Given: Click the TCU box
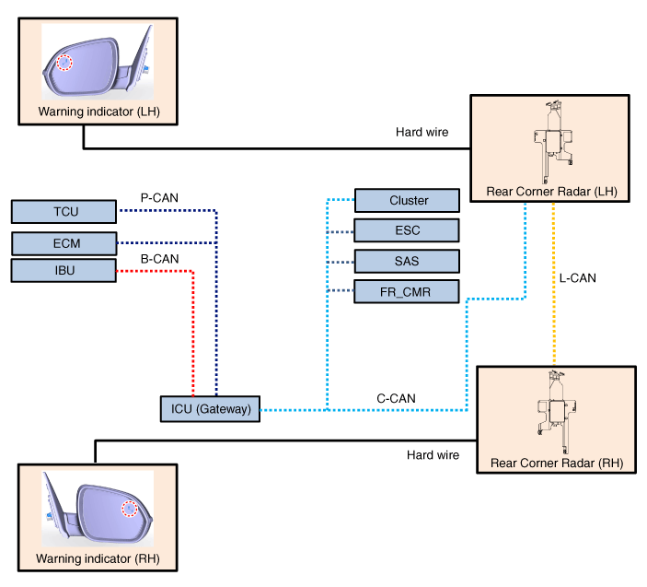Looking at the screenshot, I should pyautogui.click(x=65, y=213).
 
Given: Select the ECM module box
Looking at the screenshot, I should pyautogui.click(x=65, y=243).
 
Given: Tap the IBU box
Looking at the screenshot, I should pyautogui.click(x=65, y=271).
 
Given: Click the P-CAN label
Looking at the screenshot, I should pyautogui.click(x=158, y=197).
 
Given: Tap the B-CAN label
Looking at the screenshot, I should pyautogui.click(x=158, y=259).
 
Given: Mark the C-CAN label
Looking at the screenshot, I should pyautogui.click(x=396, y=399).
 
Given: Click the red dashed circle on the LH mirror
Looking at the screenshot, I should pyautogui.click(x=64, y=63).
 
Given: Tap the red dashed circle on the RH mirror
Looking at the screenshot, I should pyautogui.click(x=130, y=508).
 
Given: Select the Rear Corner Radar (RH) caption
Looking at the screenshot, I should pyautogui.click(x=555, y=464).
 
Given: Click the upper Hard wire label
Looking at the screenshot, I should pyautogui.click(x=422, y=133).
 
